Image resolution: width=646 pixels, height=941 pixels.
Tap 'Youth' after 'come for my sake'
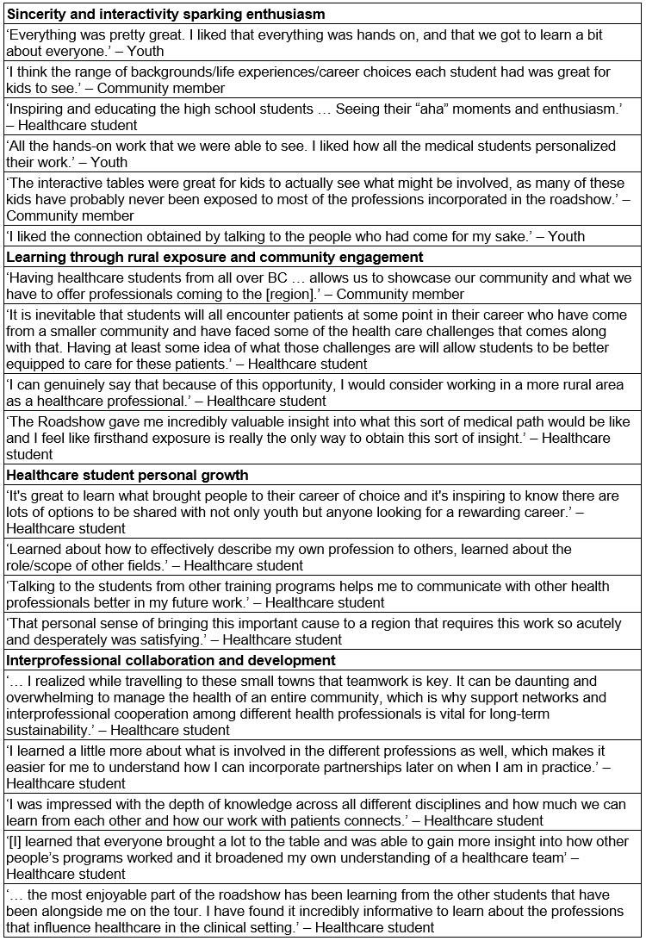(x=565, y=235)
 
